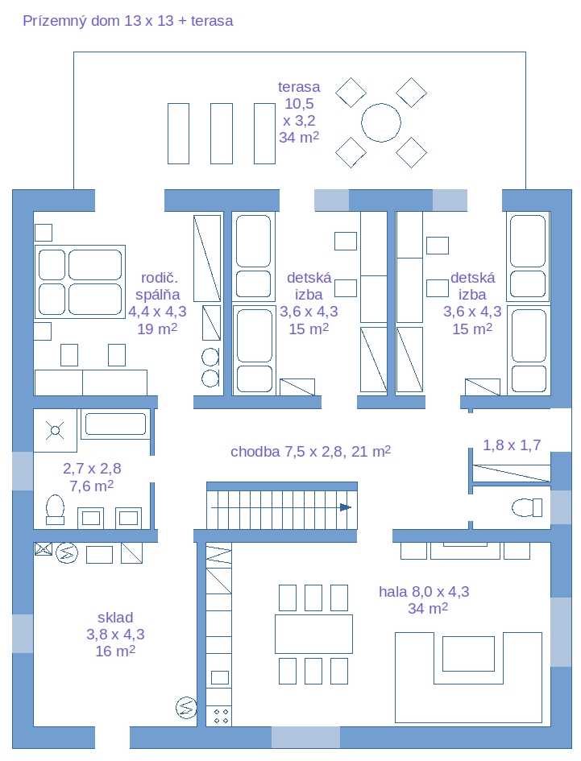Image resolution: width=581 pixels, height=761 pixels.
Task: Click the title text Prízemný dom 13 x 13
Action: click(98, 21)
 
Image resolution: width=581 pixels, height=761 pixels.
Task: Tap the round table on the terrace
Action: click(381, 122)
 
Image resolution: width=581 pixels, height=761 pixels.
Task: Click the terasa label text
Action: click(299, 87)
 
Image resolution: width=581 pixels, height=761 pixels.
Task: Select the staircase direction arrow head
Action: click(346, 507)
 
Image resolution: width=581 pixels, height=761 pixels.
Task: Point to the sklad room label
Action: click(115, 618)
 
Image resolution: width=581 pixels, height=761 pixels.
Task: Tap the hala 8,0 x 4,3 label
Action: click(424, 592)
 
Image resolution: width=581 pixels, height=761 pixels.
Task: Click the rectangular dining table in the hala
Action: click(313, 634)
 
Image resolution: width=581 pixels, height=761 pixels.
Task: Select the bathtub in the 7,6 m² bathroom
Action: click(115, 424)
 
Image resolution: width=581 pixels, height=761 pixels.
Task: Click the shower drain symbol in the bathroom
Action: click(55, 431)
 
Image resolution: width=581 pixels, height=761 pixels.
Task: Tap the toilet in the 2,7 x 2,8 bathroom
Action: click(55, 510)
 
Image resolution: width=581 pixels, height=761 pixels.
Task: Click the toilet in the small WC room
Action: click(527, 507)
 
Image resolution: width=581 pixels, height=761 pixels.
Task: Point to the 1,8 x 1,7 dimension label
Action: click(512, 445)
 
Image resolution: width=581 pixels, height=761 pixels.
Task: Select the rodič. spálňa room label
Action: click(157, 287)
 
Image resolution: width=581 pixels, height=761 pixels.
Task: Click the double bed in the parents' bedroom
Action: click(80, 282)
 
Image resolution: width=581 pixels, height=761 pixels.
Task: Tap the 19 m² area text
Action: click(157, 329)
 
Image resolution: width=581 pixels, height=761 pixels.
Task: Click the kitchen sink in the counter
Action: click(219, 677)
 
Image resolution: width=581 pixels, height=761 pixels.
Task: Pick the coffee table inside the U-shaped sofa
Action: click(468, 653)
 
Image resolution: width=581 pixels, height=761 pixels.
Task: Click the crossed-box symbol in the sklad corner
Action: click(44, 549)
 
